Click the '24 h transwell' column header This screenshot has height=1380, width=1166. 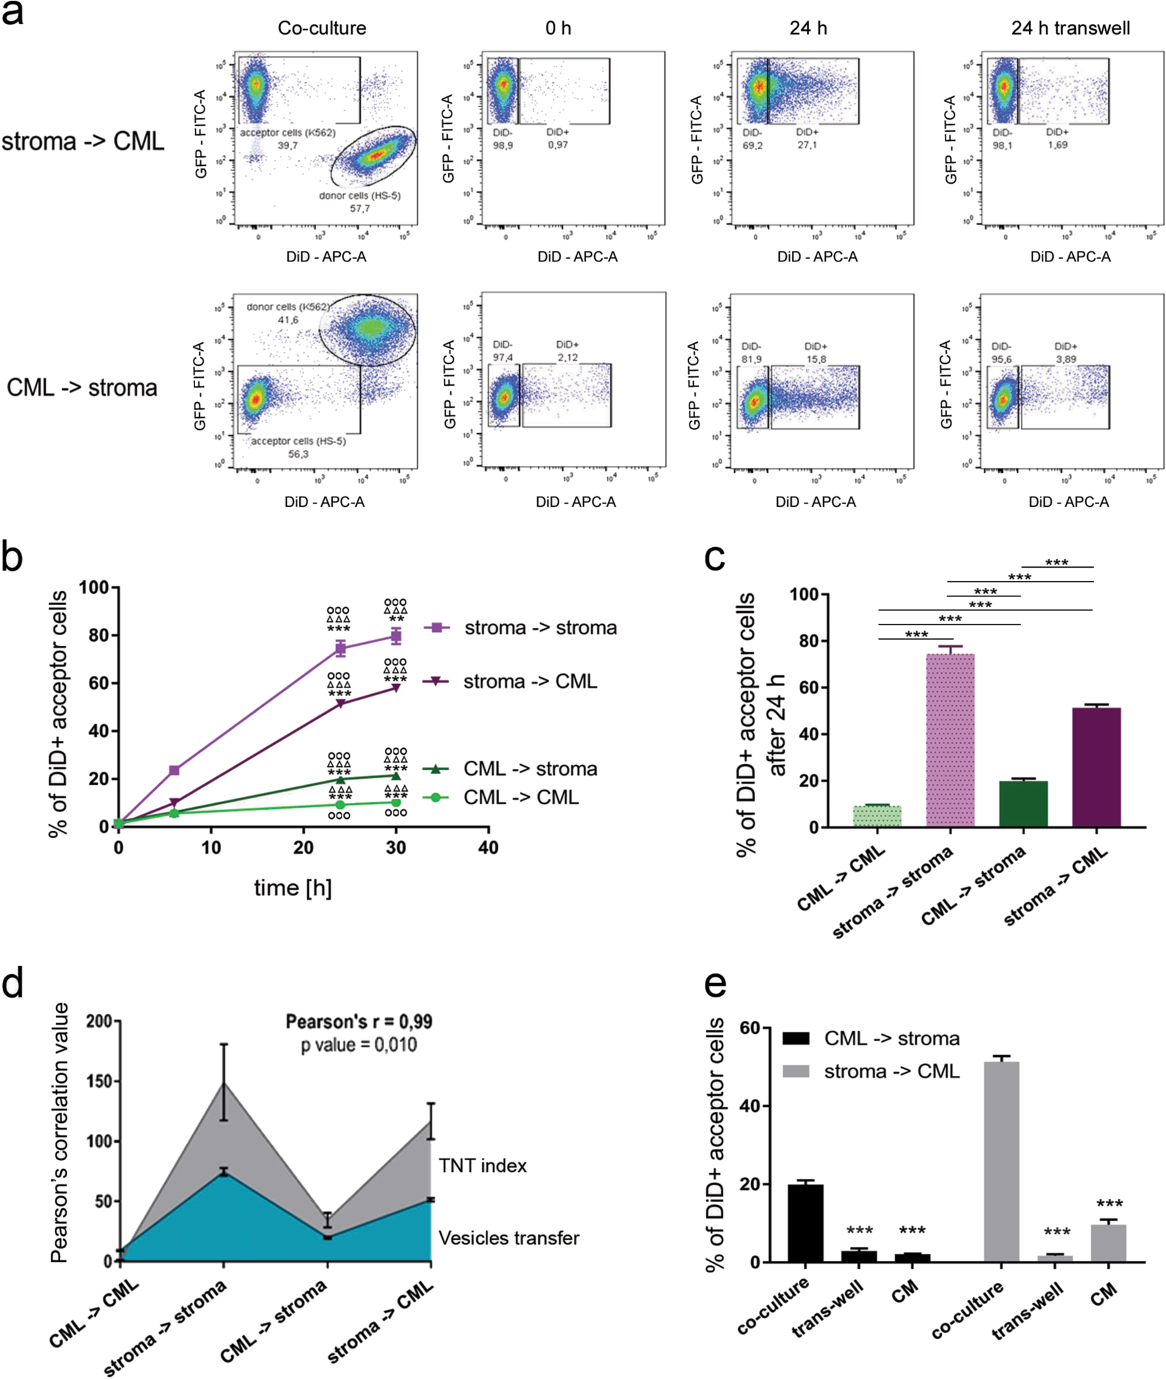1070,28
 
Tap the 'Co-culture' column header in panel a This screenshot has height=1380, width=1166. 322,28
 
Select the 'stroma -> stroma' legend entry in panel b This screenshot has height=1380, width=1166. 540,628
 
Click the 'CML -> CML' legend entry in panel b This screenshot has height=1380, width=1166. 521,797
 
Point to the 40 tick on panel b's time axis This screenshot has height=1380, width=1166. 488,847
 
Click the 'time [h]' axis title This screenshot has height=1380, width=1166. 293,888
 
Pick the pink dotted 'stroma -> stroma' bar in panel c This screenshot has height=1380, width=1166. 950,739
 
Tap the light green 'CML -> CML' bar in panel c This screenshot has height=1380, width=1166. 877,816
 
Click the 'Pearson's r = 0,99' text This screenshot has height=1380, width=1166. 359,1022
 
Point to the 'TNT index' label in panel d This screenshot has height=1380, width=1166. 482,1165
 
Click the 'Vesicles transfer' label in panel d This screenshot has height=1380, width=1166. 508,1238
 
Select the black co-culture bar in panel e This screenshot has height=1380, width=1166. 805,1223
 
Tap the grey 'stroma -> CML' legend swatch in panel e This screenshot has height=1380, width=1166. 795,1072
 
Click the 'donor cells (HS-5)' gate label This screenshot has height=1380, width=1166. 359,195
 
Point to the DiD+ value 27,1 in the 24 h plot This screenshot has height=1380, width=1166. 807,144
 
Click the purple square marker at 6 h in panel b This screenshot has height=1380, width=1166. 174,770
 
